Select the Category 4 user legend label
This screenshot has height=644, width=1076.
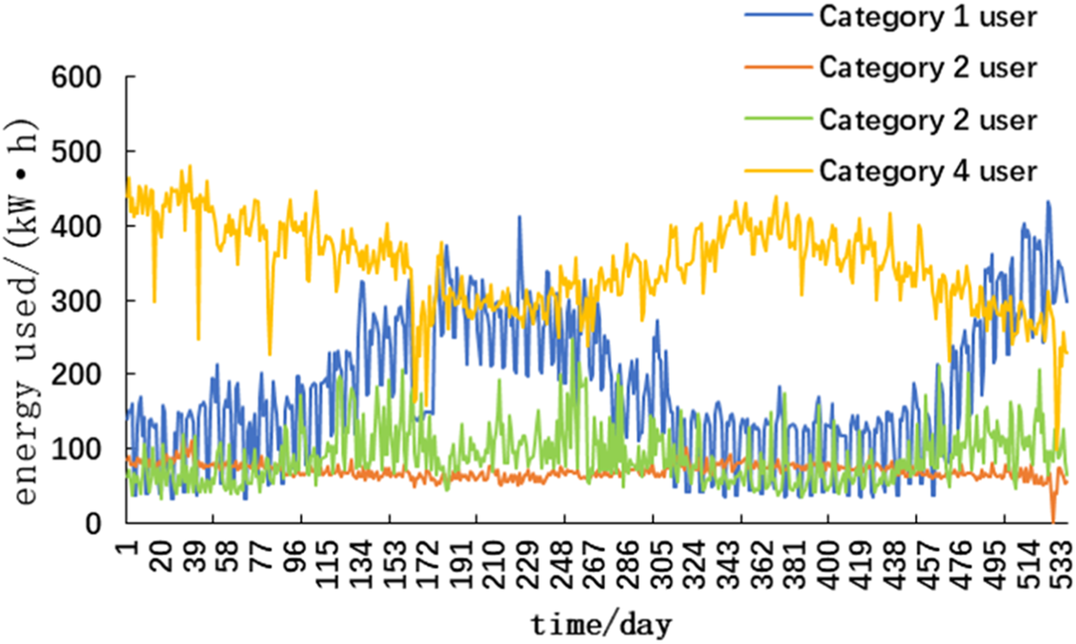point(928,170)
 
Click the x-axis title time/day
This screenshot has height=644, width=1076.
point(601,623)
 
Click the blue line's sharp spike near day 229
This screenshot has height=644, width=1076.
point(519,217)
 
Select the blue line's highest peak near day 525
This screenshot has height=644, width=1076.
point(1048,202)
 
